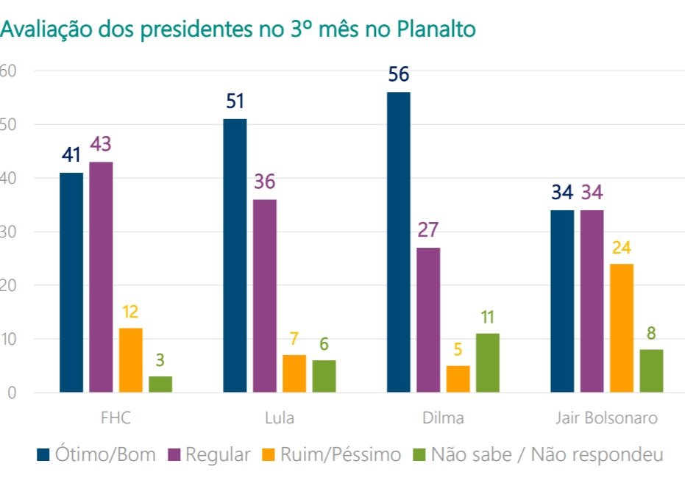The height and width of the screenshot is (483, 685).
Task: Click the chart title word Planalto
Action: click(x=436, y=29)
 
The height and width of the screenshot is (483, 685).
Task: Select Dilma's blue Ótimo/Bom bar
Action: click(x=398, y=243)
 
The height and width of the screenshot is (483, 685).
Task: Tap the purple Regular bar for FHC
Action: click(x=101, y=277)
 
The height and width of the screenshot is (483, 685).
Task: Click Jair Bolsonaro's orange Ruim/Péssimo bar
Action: click(x=621, y=328)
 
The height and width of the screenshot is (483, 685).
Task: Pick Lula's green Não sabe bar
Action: click(x=324, y=376)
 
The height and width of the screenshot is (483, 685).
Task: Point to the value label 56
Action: click(x=399, y=75)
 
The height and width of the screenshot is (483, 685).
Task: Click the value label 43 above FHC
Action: click(x=101, y=145)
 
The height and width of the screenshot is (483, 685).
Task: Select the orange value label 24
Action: click(x=621, y=248)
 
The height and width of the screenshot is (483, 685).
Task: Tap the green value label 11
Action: click(x=487, y=318)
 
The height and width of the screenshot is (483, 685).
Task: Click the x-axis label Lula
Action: click(x=279, y=418)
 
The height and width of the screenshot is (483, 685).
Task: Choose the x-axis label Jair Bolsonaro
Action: click(x=606, y=418)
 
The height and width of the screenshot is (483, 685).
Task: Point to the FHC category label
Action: click(x=116, y=418)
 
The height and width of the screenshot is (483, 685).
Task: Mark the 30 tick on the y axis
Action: click(x=9, y=232)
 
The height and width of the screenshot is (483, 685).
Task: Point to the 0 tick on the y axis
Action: click(x=12, y=393)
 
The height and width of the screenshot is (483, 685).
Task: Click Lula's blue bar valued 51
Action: click(x=235, y=256)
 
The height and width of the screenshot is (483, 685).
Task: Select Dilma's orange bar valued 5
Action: click(x=458, y=379)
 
